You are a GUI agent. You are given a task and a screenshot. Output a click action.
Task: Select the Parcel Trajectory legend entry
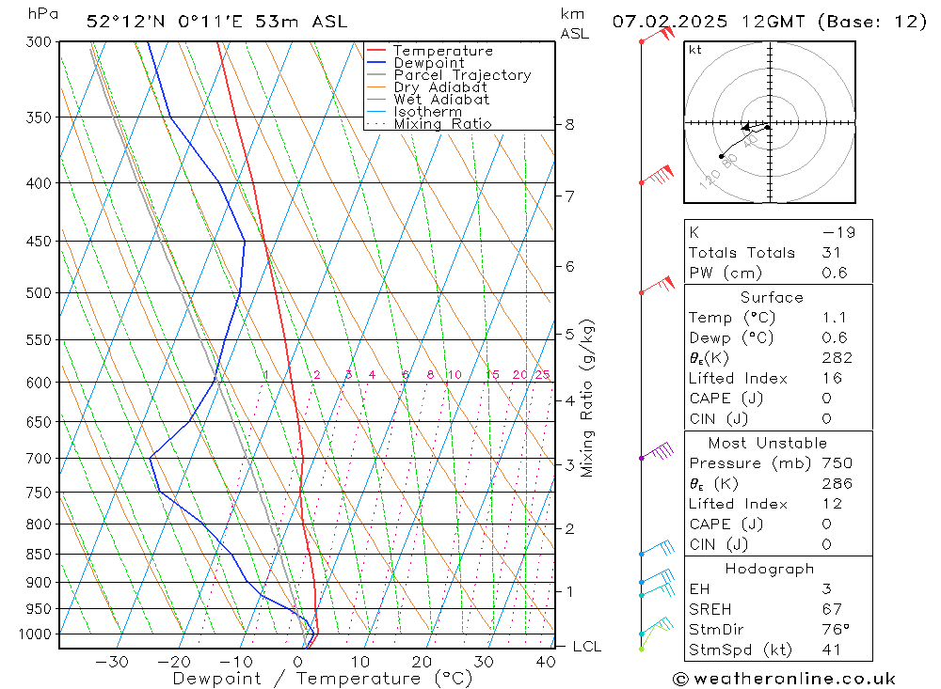pyautogui.click(x=462, y=75)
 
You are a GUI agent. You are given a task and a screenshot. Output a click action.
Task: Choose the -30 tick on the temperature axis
pyautogui.click(x=112, y=662)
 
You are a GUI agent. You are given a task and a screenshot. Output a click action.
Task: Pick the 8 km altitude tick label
pyautogui.click(x=569, y=124)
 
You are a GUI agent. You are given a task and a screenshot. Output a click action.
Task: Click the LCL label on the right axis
pyautogui.click(x=586, y=647)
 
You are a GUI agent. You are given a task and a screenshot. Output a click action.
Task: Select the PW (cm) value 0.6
pyautogui.click(x=834, y=274)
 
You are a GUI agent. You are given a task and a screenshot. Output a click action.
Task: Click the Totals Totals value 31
pyautogui.click(x=832, y=253)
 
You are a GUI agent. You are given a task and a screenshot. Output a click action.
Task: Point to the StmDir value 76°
pyautogui.click(x=835, y=630)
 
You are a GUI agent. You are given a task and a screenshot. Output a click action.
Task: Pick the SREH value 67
pyautogui.click(x=832, y=609)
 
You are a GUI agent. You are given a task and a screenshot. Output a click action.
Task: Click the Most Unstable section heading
pyautogui.click(x=767, y=443)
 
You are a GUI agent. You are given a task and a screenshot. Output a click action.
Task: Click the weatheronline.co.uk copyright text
pyautogui.click(x=784, y=679)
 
